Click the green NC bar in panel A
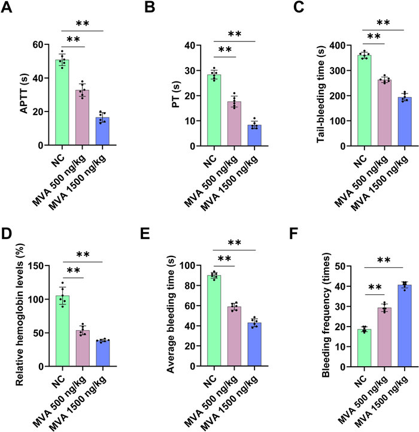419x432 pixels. coord(62,103)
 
